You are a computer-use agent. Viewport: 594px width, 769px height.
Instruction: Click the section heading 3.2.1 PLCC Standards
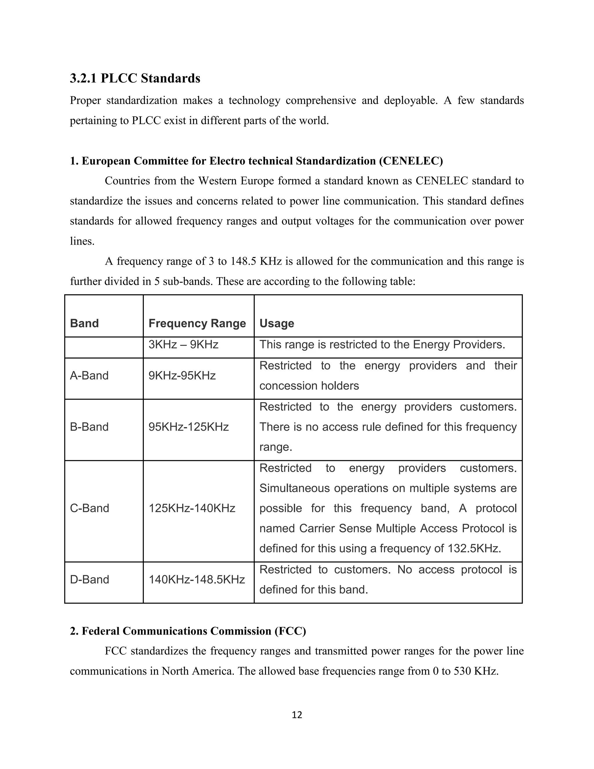tap(135, 78)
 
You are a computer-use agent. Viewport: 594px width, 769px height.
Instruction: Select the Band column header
tap(84, 323)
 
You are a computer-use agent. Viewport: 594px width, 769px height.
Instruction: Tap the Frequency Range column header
tap(197, 323)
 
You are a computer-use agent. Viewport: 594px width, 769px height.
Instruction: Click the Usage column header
tap(277, 323)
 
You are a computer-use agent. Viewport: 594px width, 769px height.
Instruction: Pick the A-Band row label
tap(89, 376)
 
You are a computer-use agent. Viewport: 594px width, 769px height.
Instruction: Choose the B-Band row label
tap(89, 427)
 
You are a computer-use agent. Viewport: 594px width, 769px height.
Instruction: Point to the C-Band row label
tap(89, 508)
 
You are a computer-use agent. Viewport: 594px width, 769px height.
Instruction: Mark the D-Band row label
tap(89, 579)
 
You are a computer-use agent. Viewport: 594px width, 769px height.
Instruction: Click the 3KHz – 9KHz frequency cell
tap(183, 344)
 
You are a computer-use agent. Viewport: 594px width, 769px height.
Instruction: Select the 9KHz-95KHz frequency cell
tap(182, 376)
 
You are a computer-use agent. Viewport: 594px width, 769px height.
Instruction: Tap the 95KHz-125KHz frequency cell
tap(189, 427)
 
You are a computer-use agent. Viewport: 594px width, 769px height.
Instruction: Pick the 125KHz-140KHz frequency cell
tap(192, 508)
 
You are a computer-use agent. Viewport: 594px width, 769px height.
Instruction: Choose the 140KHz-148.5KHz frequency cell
tap(196, 579)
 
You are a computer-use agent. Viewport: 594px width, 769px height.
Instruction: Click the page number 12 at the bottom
tap(297, 715)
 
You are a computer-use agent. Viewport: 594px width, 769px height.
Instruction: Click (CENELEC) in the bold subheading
tap(411, 161)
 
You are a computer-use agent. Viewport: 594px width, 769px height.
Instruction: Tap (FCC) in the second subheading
tap(290, 631)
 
